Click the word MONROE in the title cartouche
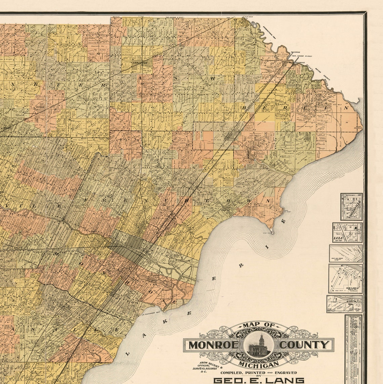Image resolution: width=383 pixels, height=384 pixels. tap(213, 345)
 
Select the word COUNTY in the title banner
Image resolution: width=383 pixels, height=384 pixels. tap(304, 345)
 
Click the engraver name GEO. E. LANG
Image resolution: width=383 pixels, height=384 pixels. tap(259, 380)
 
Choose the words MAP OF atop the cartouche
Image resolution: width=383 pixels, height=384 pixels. tap(259, 325)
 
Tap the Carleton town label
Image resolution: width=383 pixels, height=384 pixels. tap(140, 63)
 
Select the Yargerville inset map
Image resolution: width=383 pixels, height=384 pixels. tap(351, 207)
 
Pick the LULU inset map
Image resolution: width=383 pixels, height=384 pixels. tap(347, 232)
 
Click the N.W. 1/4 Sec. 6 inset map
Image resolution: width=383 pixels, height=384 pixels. tap(345, 279)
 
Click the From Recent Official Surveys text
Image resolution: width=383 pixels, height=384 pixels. tap(207, 367)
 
